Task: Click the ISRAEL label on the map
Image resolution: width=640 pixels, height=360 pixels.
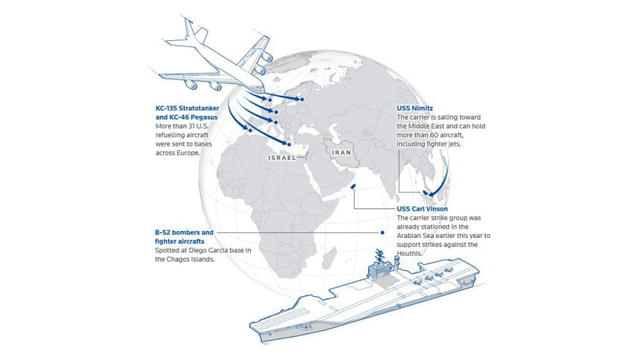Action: click(x=281, y=158)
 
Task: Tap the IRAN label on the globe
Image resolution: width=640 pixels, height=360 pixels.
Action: click(x=342, y=152)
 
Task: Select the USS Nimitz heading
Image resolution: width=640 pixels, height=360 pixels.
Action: click(x=415, y=108)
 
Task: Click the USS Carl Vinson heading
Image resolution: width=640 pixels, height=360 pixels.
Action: click(x=422, y=208)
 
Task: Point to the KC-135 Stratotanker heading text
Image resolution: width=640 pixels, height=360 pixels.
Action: click(x=188, y=108)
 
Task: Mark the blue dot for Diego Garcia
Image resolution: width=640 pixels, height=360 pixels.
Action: click(x=383, y=233)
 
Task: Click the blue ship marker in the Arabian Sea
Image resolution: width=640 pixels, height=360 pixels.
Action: click(x=353, y=187)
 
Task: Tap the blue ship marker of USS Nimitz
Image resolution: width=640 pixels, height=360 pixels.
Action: click(x=426, y=193)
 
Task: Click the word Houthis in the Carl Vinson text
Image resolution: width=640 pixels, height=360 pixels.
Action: click(x=409, y=254)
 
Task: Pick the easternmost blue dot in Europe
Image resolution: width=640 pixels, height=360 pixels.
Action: click(x=302, y=99)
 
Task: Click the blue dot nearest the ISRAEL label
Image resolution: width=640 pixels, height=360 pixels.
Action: click(x=289, y=144)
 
